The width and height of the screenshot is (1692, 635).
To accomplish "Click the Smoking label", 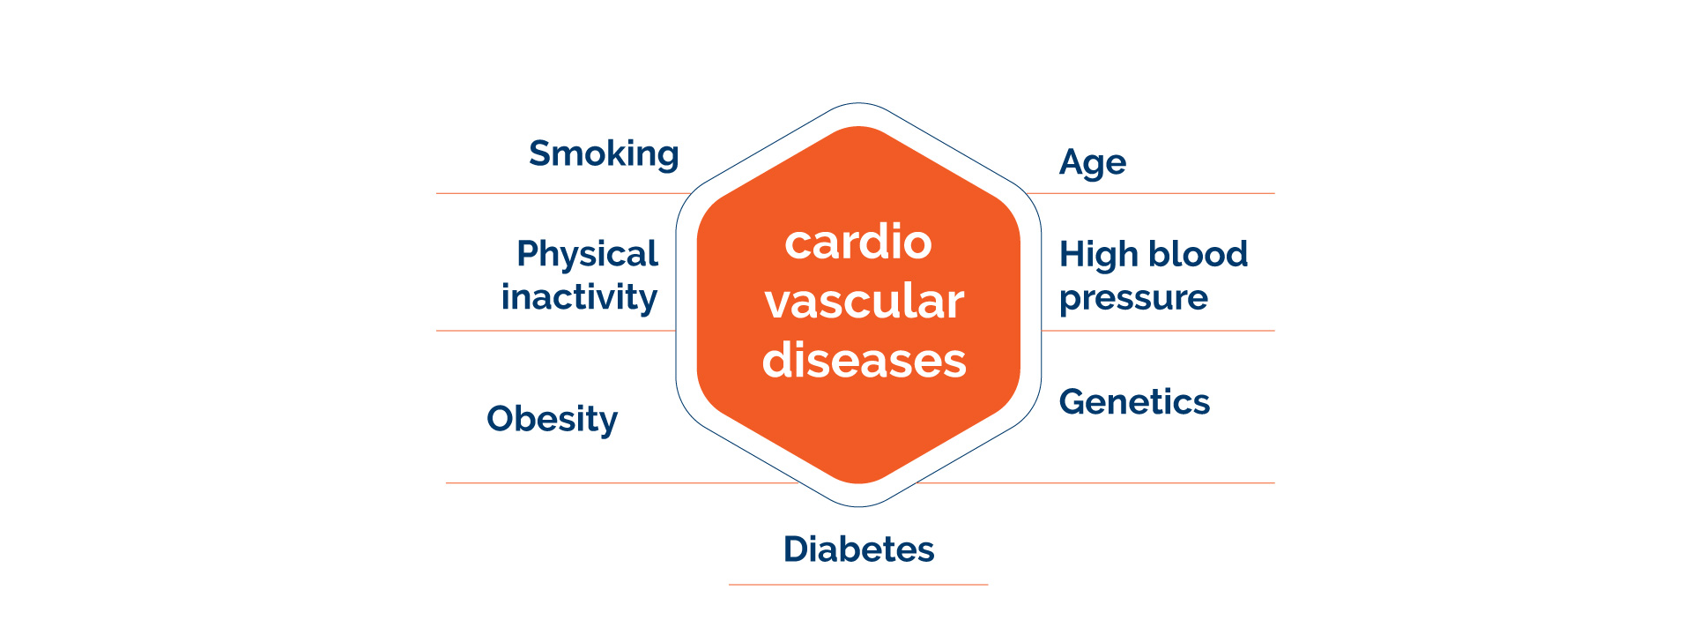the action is [604, 154].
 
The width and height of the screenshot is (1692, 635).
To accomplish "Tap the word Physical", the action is [587, 255].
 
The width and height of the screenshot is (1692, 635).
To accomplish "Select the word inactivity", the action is [579, 298].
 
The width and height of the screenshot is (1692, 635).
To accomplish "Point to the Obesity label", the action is [552, 420].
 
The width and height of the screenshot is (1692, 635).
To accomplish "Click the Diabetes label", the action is [858, 549].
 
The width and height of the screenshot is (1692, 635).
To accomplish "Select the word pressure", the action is [1133, 299].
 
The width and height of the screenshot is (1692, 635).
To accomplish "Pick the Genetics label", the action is [1134, 402].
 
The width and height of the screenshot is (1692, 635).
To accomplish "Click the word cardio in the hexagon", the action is [858, 242].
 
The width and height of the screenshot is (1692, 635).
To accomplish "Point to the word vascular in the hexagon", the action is [865, 302].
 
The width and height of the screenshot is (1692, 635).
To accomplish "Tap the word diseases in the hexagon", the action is [865, 361].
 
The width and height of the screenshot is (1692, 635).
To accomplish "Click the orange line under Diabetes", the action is [858, 585].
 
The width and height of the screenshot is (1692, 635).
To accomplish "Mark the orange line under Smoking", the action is [564, 193].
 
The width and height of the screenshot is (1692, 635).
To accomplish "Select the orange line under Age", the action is [1150, 193].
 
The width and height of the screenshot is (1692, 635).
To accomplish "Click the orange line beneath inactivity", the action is [556, 331].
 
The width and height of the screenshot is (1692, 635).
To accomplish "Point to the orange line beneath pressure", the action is [1158, 331].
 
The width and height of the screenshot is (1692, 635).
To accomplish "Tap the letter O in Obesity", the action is [502, 419].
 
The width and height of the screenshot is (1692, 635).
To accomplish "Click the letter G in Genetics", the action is [1074, 402].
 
